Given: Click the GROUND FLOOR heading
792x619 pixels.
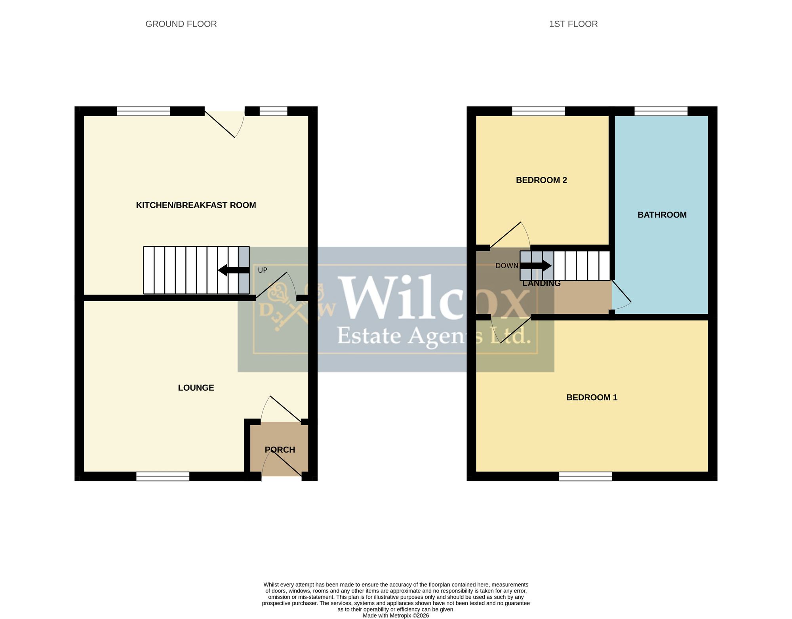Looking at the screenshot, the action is pos(181,24).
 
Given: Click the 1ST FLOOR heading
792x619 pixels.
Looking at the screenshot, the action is pos(573,24).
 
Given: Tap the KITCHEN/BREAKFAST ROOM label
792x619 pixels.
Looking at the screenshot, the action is pos(196,205).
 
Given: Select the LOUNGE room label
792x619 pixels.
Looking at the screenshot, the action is pos(196,388).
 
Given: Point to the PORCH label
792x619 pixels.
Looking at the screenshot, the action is pos(280,450).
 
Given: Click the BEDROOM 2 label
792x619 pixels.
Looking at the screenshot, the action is pos(541,180).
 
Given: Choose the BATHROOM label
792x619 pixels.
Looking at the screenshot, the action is pos(662,215).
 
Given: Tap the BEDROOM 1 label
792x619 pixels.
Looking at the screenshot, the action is pos(592,397).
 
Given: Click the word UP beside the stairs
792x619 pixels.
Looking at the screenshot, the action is pos(263,270).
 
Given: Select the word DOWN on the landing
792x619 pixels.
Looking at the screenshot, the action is pos(507,266).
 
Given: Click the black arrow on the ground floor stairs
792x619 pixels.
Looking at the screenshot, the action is pos(234,270).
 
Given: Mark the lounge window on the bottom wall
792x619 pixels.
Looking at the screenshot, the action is pos(163,476).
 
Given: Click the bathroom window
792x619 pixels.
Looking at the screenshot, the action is pos(661,111).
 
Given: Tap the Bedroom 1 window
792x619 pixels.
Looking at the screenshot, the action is pos(586,476).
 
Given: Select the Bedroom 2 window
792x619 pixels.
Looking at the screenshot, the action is pos(539,111).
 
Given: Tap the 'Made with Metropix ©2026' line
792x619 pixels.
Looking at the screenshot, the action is pos(396,615).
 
